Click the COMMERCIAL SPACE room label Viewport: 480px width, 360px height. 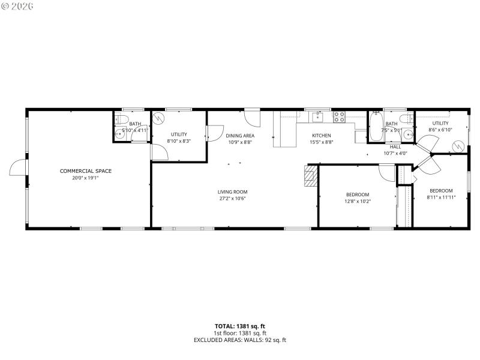(x=86, y=171)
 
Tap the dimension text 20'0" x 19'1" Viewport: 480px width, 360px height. (x=86, y=178)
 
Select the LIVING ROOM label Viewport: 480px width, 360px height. (x=232, y=192)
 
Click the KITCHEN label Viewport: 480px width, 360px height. (x=321, y=136)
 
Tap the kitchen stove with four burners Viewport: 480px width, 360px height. (x=339, y=116)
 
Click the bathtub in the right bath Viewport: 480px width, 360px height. (x=377, y=126)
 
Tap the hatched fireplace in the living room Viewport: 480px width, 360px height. (x=310, y=178)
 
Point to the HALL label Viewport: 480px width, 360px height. (x=395, y=146)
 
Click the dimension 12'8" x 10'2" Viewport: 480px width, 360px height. (x=358, y=201)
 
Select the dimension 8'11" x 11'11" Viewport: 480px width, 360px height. (x=441, y=197)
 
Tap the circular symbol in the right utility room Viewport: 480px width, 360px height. (x=457, y=146)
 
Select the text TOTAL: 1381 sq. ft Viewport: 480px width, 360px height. (x=239, y=326)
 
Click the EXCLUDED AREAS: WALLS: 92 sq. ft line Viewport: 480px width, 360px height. (x=239, y=340)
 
